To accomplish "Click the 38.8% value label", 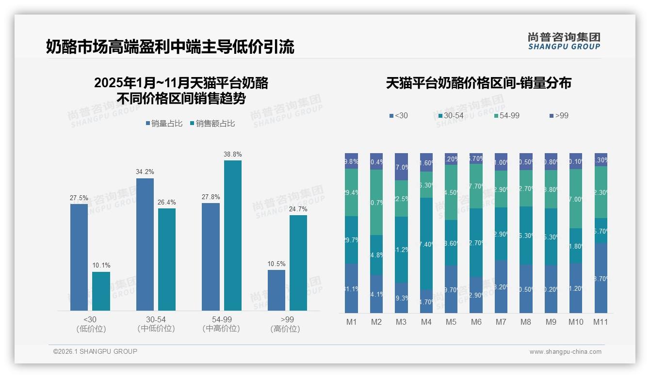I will click(232, 154).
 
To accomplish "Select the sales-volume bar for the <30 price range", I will click(79, 257).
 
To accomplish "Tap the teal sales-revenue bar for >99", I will click(298, 263).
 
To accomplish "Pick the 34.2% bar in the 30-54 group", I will click(145, 244).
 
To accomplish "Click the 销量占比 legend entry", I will click(164, 124).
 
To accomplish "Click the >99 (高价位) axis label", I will click(285, 324).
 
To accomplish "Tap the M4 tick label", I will click(426, 322).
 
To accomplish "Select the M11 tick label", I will click(601, 322).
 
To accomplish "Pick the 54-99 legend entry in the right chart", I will click(507, 115).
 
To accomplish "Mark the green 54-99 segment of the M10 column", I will click(576, 199).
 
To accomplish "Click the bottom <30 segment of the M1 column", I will click(352, 288).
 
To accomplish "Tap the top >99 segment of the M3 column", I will click(402, 167).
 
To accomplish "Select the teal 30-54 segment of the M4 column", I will click(426, 244).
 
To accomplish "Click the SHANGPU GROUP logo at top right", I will click(564, 41).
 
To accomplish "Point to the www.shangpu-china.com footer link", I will click(565, 352).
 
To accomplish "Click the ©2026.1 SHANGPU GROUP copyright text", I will click(95, 351).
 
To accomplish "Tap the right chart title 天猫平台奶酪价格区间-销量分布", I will click(478, 83).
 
